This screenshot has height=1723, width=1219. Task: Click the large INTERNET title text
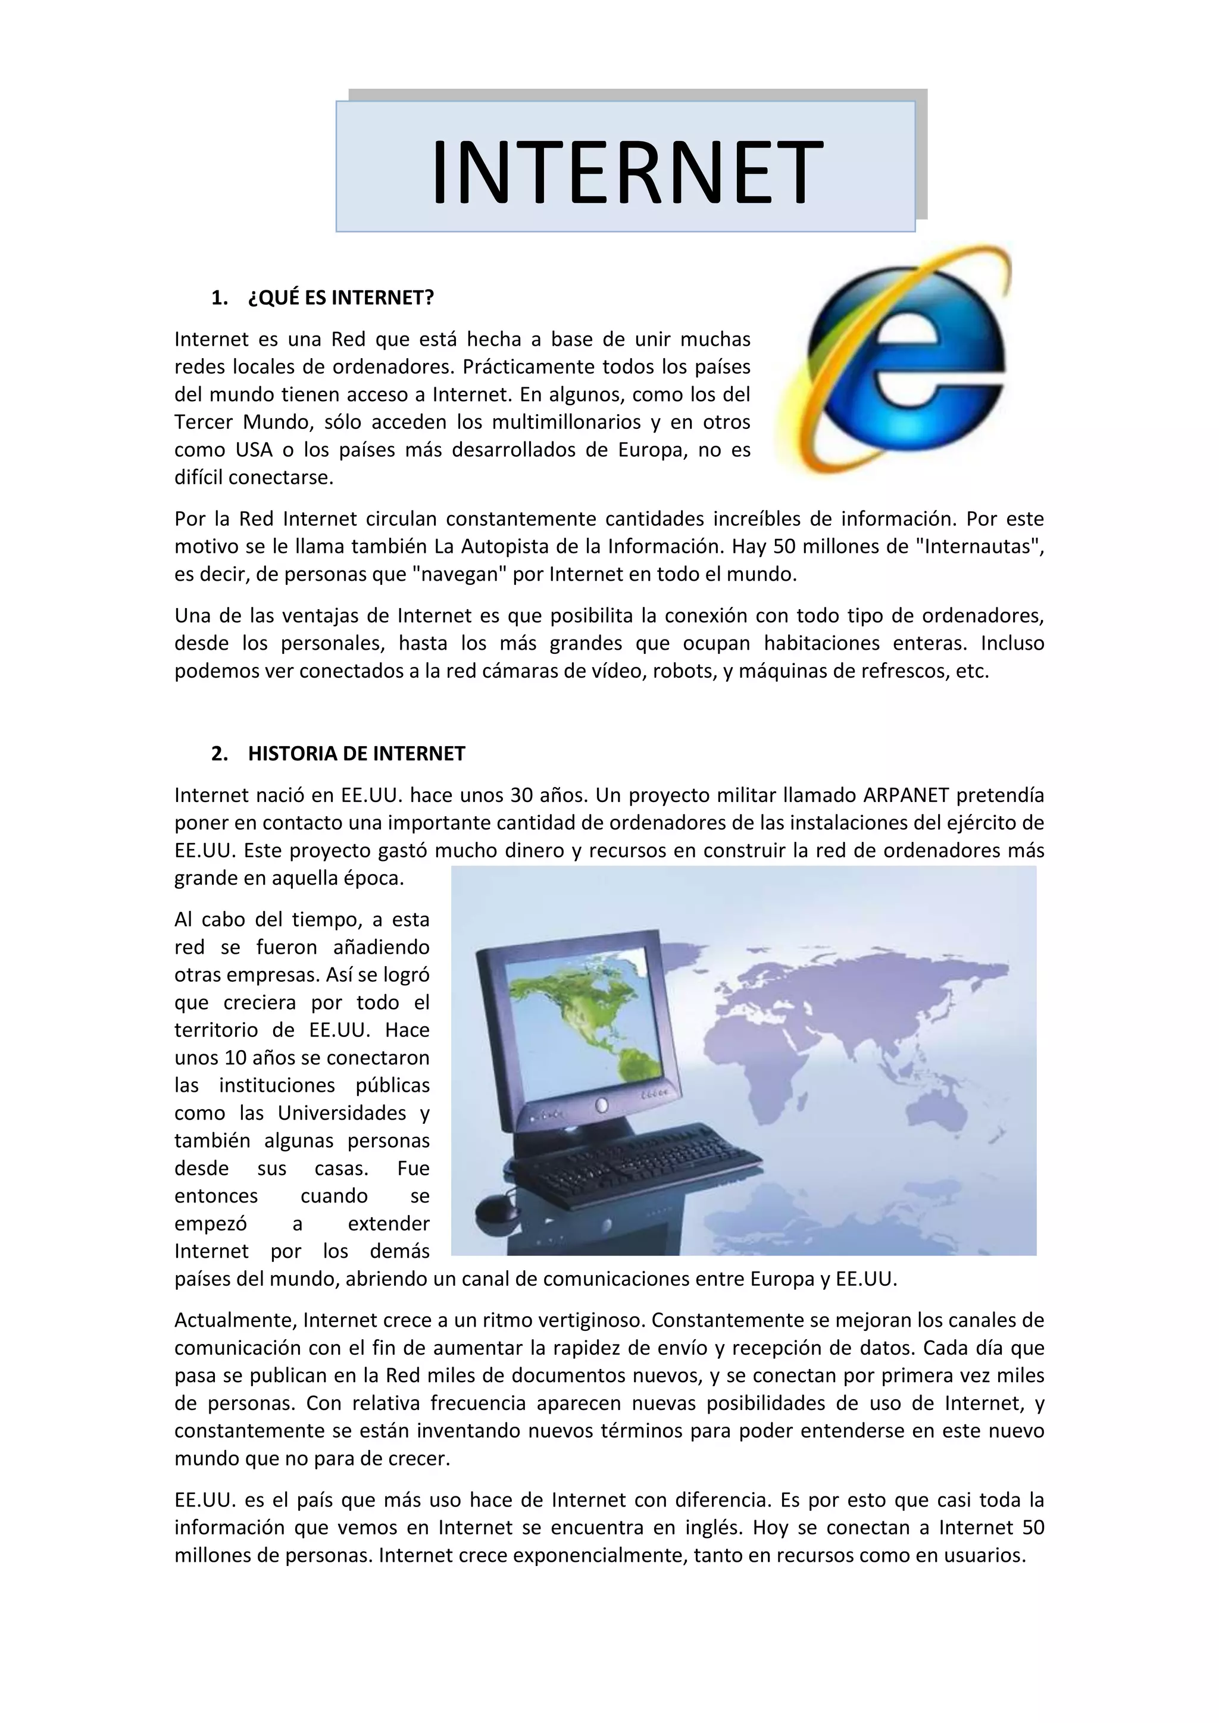point(627,172)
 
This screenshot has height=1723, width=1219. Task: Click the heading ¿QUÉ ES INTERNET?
point(340,298)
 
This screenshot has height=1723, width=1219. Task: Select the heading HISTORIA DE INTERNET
point(356,753)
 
